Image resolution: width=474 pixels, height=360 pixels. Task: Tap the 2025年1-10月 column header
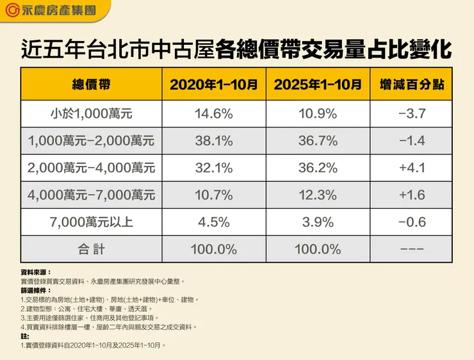click(317, 84)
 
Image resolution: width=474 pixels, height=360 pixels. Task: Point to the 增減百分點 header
click(412, 84)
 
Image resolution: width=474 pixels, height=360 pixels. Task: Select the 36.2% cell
click(317, 168)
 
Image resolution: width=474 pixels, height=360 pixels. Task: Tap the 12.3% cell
click(317, 195)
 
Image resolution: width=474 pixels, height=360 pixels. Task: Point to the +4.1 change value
click(412, 168)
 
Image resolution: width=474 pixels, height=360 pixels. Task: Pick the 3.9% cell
click(317, 222)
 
